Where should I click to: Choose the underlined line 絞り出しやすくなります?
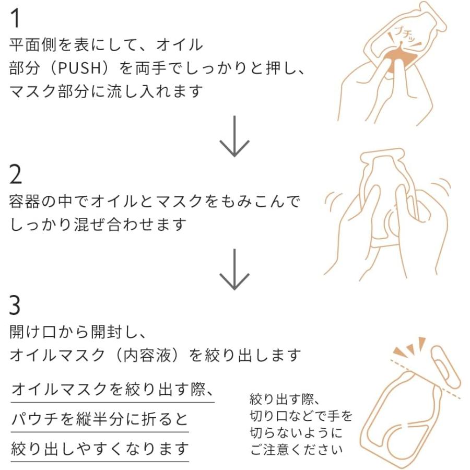(x=99, y=449)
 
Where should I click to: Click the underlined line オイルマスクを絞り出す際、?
(x=112, y=390)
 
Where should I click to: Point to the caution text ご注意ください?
(x=296, y=449)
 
